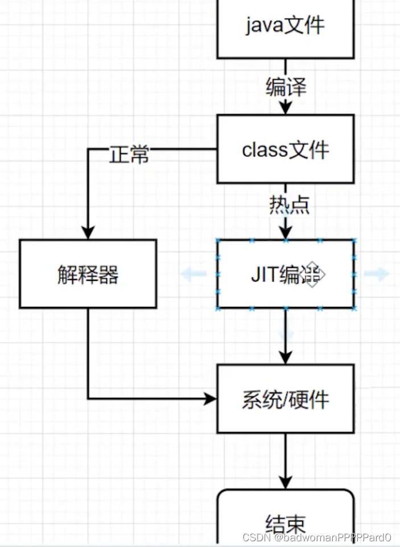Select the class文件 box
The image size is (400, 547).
pos(285,149)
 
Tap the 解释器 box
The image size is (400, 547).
pos(88,274)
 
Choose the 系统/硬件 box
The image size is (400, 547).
pos(285,398)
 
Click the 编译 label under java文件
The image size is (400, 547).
pos(286,87)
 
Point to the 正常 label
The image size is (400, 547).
pos(129,154)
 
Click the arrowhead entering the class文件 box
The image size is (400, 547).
pos(285,107)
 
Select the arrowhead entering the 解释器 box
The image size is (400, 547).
pos(88,232)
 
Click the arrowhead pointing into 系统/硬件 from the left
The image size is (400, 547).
pos(210,399)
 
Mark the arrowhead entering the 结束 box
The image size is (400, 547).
pos(285,483)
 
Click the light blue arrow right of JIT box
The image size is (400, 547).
pos(376,274)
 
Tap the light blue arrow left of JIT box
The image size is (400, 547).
pos(193,274)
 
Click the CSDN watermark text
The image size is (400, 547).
pos(317,537)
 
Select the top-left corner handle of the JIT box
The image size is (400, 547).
pos(218,240)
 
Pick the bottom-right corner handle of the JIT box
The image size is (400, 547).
pos(353,308)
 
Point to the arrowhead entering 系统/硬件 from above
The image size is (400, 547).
pos(285,357)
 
